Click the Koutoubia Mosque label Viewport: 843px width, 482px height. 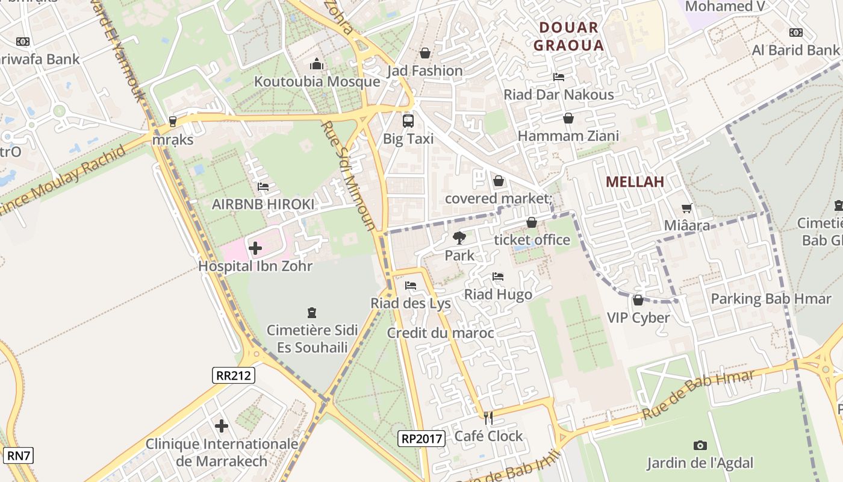(x=317, y=82)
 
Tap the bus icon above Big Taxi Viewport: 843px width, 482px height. (x=408, y=120)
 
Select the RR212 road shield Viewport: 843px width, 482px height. (x=234, y=376)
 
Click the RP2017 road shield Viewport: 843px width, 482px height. (x=421, y=439)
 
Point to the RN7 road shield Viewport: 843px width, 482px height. (x=18, y=455)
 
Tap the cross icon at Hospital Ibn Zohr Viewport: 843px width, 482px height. (x=255, y=248)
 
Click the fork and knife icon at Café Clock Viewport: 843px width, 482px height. (x=488, y=418)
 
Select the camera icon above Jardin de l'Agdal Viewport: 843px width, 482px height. (x=700, y=445)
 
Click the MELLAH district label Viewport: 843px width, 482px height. (x=635, y=182)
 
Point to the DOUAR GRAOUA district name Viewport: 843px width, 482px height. (x=568, y=36)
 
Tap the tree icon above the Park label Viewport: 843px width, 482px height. (x=459, y=237)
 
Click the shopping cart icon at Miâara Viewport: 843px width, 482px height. (x=686, y=208)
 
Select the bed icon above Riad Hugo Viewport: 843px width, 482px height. (x=498, y=277)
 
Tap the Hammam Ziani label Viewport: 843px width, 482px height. (x=568, y=136)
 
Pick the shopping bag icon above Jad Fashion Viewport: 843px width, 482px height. (x=425, y=53)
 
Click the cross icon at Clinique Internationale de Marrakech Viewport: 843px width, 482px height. (x=222, y=426)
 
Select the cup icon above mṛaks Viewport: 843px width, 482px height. (x=173, y=122)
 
